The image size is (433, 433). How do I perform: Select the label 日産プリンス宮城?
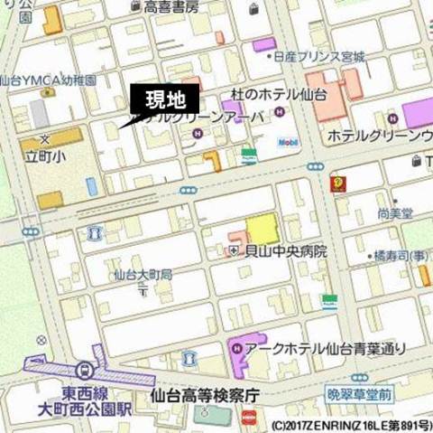click(x=323, y=55)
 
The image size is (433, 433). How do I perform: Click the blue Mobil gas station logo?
click(x=288, y=143)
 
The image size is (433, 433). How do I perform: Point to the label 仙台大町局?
click(x=143, y=273)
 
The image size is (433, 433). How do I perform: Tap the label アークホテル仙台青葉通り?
click(x=327, y=348)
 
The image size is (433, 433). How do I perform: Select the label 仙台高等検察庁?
click(x=205, y=395)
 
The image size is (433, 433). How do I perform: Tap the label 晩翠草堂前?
click(x=359, y=395)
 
